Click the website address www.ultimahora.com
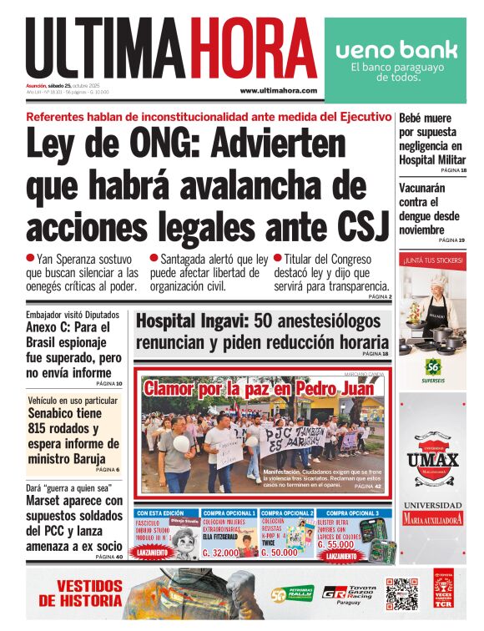[278, 90]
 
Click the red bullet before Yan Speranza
[31, 259]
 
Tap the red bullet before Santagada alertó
[154, 259]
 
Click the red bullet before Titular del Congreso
[278, 259]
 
